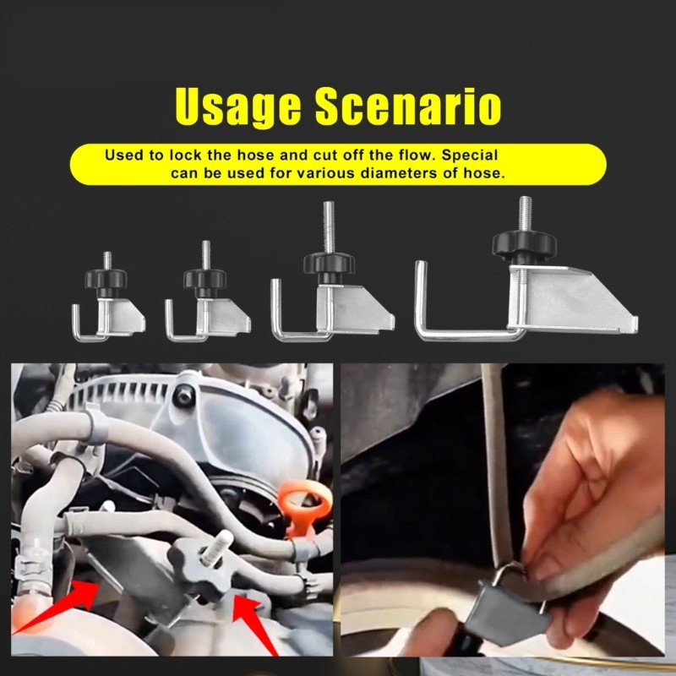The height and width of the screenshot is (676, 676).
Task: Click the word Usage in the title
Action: tap(238, 107)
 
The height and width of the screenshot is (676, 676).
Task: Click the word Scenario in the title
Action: tap(408, 106)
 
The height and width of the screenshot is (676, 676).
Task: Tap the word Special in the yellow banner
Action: tap(470, 155)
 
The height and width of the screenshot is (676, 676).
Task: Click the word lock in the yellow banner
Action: tap(185, 155)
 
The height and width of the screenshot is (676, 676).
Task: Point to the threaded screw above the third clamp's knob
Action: tap(329, 226)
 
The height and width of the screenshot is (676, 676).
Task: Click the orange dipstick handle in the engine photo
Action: tap(305, 504)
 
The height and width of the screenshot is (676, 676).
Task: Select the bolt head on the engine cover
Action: tap(183, 395)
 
